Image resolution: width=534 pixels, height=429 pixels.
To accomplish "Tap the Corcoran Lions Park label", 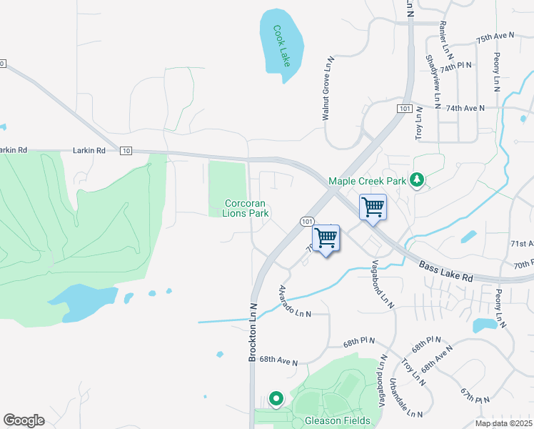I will tap(246, 208).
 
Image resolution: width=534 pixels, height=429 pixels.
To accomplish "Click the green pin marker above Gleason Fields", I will tap(276, 398).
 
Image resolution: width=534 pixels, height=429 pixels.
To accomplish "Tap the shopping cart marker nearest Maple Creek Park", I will tap(373, 208).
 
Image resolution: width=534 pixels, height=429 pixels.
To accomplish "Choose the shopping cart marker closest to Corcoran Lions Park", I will tap(326, 238).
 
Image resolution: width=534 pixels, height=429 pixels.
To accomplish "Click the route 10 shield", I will tap(126, 151).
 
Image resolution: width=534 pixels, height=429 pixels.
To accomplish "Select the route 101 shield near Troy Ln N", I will tap(405, 108).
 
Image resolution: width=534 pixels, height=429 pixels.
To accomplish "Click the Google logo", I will tap(24, 420).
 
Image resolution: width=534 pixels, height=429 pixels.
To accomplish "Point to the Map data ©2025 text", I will tap(503, 423).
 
